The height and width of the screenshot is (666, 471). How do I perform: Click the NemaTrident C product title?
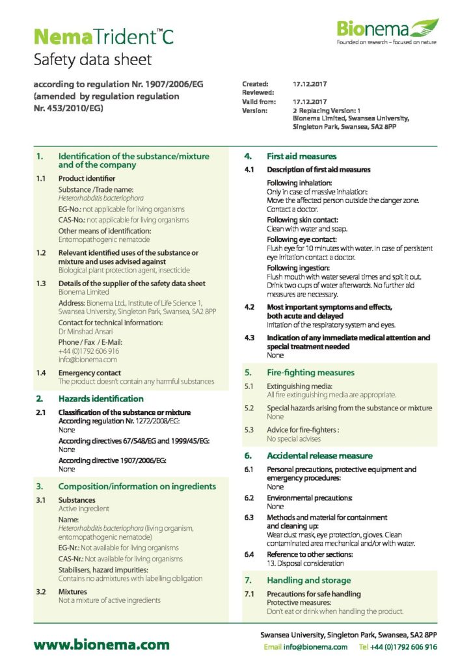pos(103,36)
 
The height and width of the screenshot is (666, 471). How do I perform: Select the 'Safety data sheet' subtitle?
pos(92,60)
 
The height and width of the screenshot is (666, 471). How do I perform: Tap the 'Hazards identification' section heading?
pos(101,399)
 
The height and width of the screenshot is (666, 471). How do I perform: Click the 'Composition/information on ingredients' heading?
pos(137,486)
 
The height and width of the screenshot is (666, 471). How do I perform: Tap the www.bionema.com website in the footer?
pos(101,645)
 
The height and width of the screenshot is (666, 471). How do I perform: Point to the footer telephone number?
pos(404,647)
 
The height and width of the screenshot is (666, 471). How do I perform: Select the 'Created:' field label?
pos(255,84)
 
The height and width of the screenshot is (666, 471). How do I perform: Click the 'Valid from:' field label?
pos(259,102)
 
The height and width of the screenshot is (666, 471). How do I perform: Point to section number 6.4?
pos(249,554)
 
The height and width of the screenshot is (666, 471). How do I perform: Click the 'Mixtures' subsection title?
pos(72,592)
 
